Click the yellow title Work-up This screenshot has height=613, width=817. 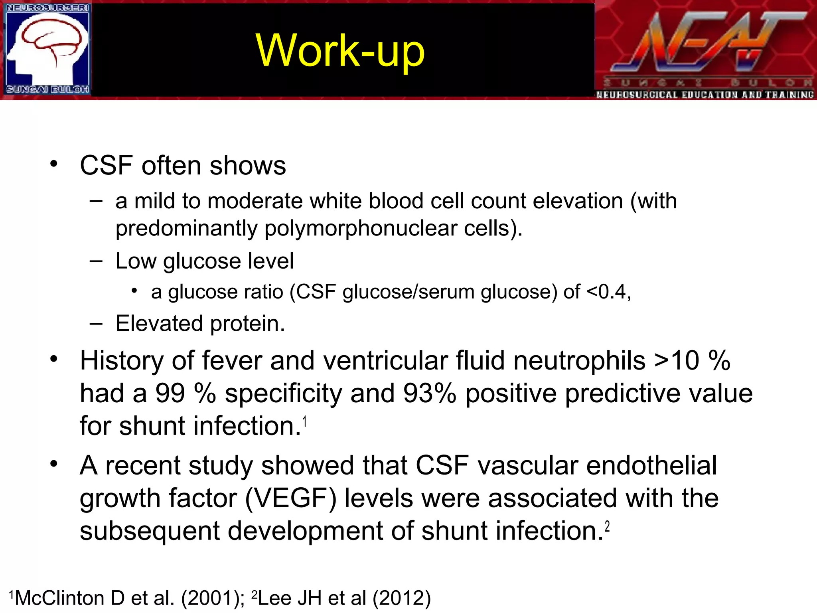pyautogui.click(x=340, y=51)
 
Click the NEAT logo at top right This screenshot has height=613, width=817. pyautogui.click(x=705, y=44)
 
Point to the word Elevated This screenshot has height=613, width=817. pyautogui.click(x=159, y=323)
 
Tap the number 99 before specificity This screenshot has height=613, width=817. pyautogui.click(x=170, y=394)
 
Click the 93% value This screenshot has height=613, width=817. pyautogui.click(x=429, y=394)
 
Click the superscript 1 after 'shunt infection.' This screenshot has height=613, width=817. pyautogui.click(x=305, y=421)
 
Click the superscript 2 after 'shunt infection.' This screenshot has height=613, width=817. pyautogui.click(x=607, y=527)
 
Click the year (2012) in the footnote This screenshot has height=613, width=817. pyautogui.click(x=402, y=598)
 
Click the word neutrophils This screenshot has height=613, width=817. pyautogui.click(x=579, y=361)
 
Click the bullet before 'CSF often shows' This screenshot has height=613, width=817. pyautogui.click(x=53, y=164)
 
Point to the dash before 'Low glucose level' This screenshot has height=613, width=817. pyautogui.click(x=96, y=261)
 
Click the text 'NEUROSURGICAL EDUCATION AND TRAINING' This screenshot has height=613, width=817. pyautogui.click(x=705, y=95)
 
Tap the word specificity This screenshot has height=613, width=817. pyautogui.click(x=283, y=394)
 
